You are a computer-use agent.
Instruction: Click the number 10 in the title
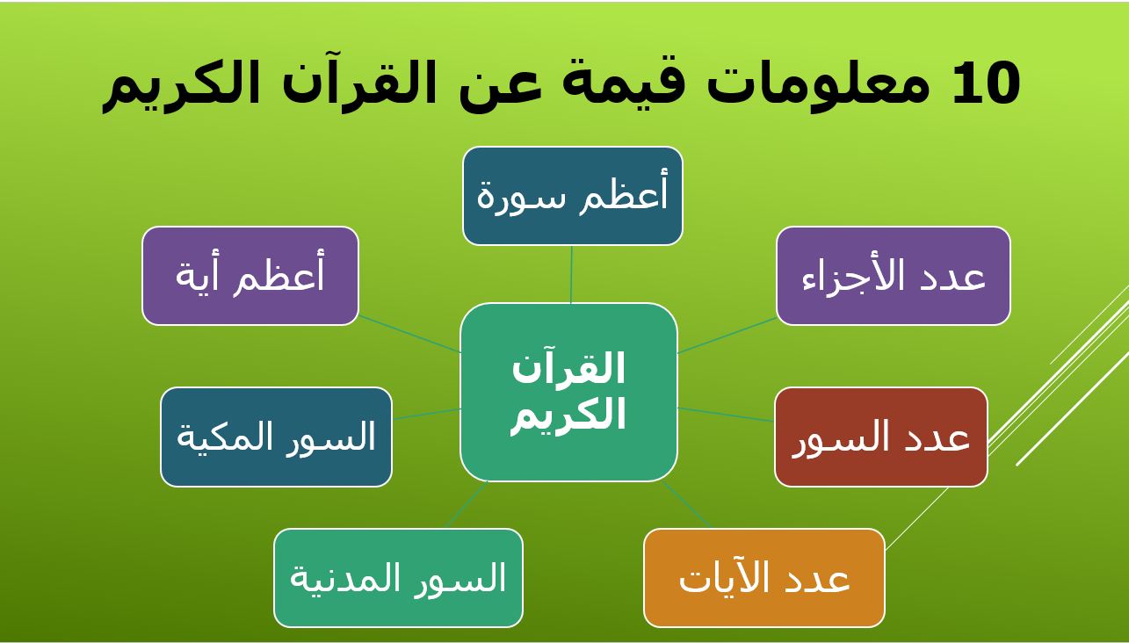coord(986,83)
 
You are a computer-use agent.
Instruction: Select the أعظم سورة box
coord(573,196)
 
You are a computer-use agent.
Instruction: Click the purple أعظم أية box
coord(250,276)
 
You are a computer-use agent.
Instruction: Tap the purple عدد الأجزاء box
coord(894,276)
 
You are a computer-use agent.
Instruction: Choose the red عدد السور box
coord(881,437)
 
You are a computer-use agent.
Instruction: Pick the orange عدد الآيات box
coord(764,578)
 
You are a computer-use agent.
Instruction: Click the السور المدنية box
coord(398,578)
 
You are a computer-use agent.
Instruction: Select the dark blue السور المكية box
coord(276,437)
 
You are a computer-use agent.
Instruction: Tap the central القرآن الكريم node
coord(568,392)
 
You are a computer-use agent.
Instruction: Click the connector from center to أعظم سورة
coord(572,274)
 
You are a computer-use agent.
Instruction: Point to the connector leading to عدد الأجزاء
coord(727,335)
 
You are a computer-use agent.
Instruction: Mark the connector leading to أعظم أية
coord(409,334)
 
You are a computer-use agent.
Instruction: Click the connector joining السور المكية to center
coord(426,414)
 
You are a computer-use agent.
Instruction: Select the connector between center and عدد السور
coord(727,415)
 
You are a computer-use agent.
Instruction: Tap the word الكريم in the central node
coord(568,415)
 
